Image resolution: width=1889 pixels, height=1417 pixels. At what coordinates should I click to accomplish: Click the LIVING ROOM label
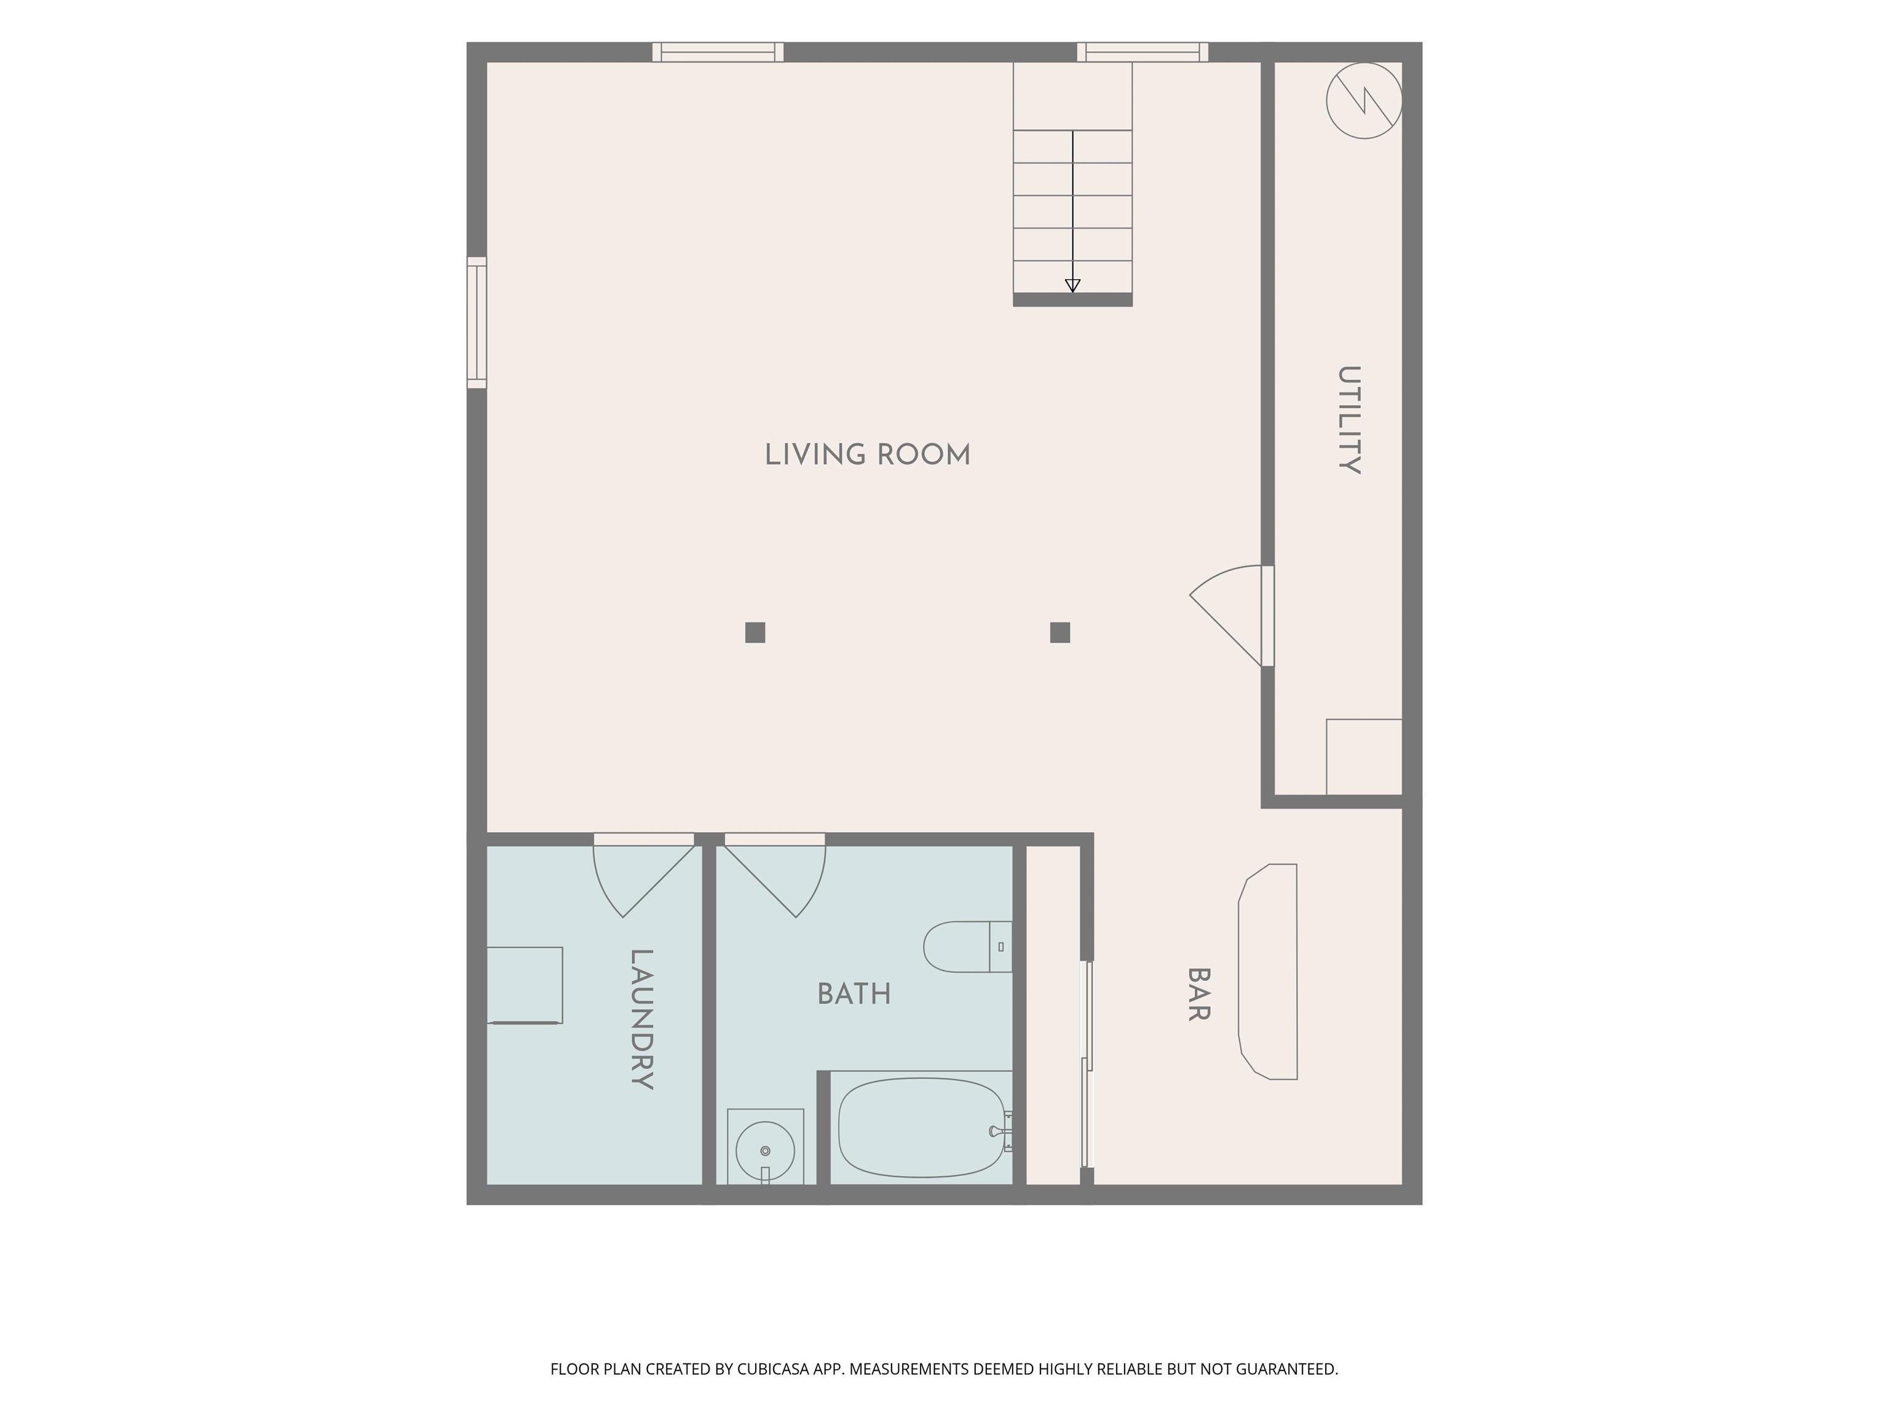click(868, 454)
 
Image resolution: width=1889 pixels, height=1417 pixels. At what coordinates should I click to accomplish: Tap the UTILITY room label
click(1348, 419)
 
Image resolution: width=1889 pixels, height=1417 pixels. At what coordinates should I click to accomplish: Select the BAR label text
click(1199, 994)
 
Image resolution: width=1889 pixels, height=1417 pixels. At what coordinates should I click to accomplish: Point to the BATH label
click(854, 993)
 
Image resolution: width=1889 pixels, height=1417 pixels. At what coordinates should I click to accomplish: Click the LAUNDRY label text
click(641, 1019)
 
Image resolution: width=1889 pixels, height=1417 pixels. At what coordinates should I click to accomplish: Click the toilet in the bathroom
click(967, 947)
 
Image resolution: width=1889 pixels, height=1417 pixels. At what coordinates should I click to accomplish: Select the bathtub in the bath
click(922, 1127)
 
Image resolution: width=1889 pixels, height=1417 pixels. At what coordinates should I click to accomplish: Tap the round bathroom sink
click(765, 1151)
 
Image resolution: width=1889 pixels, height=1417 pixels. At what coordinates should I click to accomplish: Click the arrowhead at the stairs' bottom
click(1072, 285)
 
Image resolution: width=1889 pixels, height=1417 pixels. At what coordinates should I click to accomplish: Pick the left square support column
click(755, 632)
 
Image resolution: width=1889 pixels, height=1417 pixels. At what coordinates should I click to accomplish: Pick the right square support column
click(1059, 632)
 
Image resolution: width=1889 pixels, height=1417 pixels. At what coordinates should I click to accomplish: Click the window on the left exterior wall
click(477, 323)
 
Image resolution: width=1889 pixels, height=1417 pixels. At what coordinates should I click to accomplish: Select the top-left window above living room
click(718, 52)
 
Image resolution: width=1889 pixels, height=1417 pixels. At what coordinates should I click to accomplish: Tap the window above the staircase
click(1143, 52)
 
